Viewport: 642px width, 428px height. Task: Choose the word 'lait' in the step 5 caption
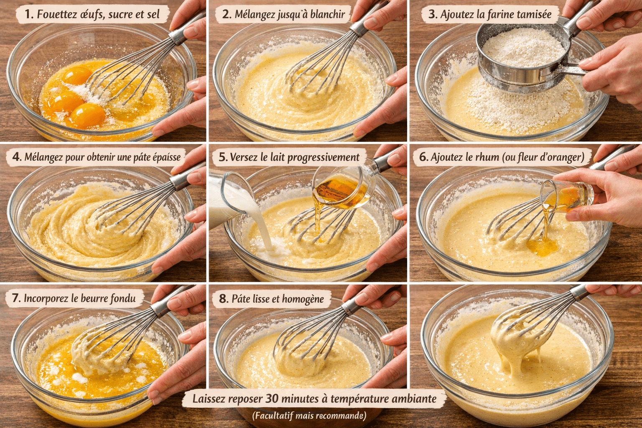(x=278, y=157)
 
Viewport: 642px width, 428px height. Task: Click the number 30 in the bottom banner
(x=272, y=399)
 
